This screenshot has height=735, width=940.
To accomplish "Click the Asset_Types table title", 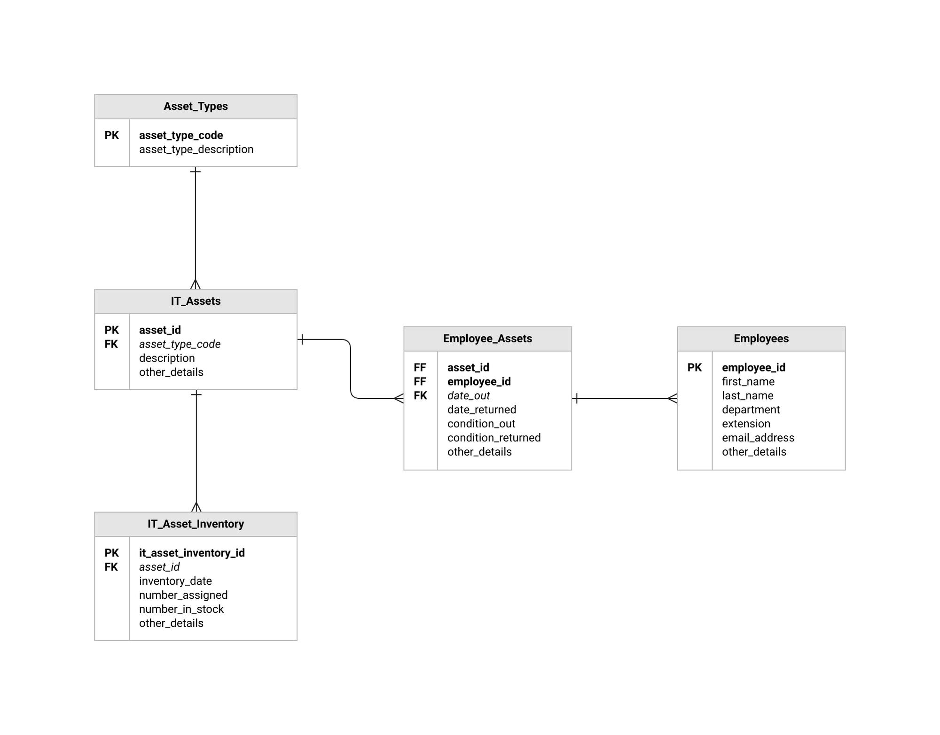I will (x=196, y=107).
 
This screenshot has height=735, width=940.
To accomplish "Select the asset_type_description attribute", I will (x=196, y=149).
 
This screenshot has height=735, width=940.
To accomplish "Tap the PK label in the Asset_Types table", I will (x=111, y=135).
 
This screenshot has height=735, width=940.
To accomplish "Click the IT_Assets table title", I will (x=196, y=301).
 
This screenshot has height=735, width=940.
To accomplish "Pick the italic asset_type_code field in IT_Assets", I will (x=180, y=344).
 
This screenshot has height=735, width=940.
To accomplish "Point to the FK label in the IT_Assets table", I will (x=111, y=344).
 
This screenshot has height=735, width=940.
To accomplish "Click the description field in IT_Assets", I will (x=167, y=358).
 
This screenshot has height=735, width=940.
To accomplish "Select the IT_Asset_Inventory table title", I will (x=196, y=524).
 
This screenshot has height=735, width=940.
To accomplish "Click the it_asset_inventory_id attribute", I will (x=192, y=553).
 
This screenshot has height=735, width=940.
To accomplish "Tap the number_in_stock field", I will (x=181, y=609).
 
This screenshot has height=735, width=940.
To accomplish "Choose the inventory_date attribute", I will (x=175, y=581).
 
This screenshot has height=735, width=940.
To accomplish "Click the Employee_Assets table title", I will (x=487, y=339).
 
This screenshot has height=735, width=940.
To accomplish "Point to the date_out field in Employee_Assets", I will (x=468, y=396).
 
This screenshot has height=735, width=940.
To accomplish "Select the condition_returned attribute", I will (x=493, y=438).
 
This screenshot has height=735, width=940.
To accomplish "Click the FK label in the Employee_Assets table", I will (x=420, y=396).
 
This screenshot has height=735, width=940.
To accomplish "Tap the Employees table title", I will (x=761, y=339).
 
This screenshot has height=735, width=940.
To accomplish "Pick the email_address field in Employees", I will (x=758, y=438).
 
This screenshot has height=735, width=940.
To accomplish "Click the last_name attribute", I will (x=747, y=396).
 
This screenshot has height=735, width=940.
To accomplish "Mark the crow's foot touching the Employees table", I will (x=673, y=399).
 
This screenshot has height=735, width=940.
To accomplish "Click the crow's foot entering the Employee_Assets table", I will (x=399, y=399).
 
